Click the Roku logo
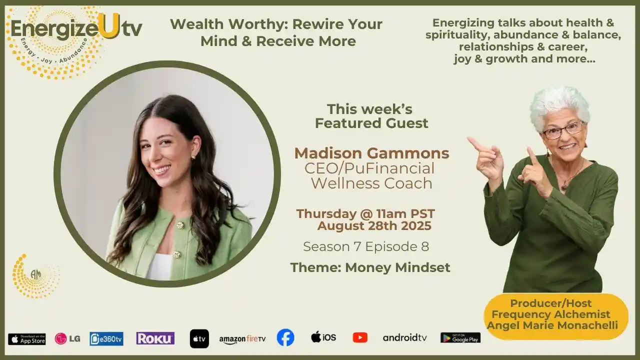tap(155, 338)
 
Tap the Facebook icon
tap(285, 337)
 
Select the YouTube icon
tap(360, 337)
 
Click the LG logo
tap(67, 338)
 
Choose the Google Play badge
tap(460, 338)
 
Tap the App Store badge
tap(27, 339)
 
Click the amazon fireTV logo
tap(242, 339)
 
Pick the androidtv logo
tap(405, 338)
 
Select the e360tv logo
tap(106, 338)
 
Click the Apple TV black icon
tap(199, 338)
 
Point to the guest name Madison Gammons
tap(371, 153)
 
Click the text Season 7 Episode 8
tap(366, 246)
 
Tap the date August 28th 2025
tap(374, 226)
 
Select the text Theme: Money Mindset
tap(370, 267)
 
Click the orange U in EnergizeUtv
tap(107, 28)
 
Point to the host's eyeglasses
tap(563, 130)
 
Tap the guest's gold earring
tap(192, 157)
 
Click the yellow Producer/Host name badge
tap(555, 315)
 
